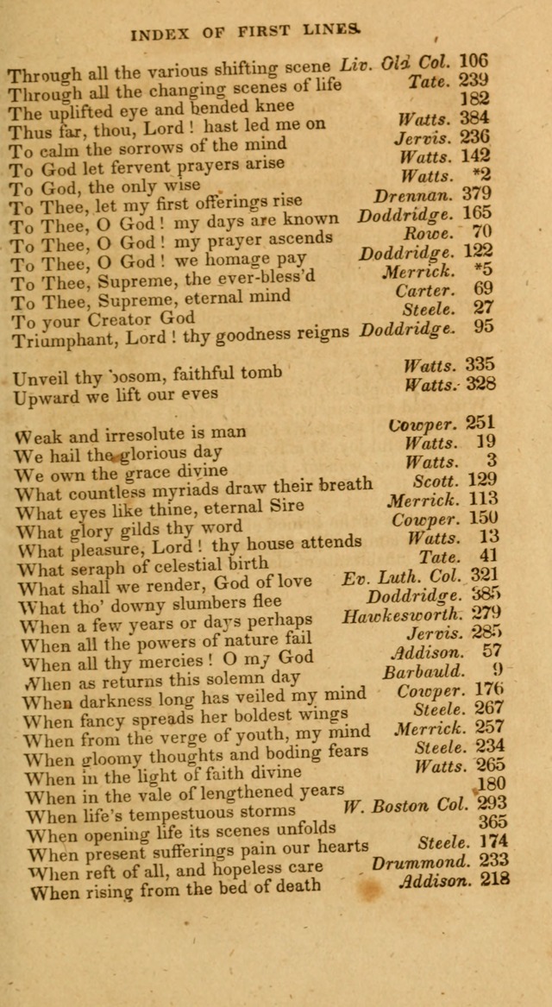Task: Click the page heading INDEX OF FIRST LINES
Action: point(243,34)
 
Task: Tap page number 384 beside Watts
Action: point(474,118)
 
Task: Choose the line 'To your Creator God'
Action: point(102,319)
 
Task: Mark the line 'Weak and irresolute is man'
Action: point(130,433)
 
